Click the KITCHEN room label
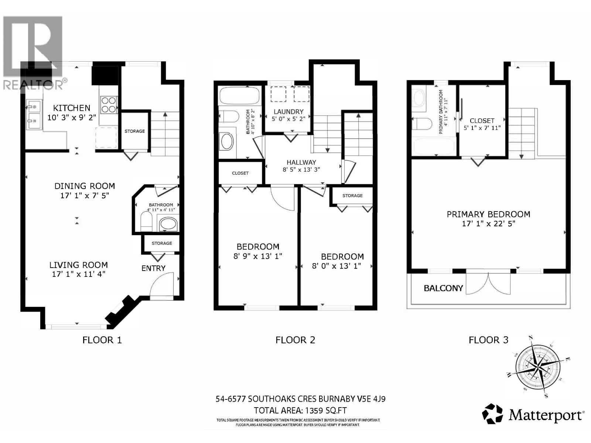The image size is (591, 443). coord(72,108)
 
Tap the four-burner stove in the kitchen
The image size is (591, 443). coord(108,104)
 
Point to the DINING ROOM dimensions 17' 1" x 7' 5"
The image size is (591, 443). coord(85,195)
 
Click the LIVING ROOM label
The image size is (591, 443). coord(79,265)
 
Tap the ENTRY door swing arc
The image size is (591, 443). coord(161,284)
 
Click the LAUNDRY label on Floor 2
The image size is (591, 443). coord(288,111)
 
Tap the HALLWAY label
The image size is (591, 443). coord(301,162)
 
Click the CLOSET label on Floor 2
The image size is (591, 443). coord(240,173)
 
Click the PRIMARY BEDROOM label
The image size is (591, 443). coord(488,214)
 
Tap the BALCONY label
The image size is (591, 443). coord(443,288)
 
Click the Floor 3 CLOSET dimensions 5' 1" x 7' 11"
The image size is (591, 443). coord(482,128)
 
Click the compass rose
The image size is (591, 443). coord(537,367)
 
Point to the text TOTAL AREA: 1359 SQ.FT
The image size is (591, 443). coord(300,410)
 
